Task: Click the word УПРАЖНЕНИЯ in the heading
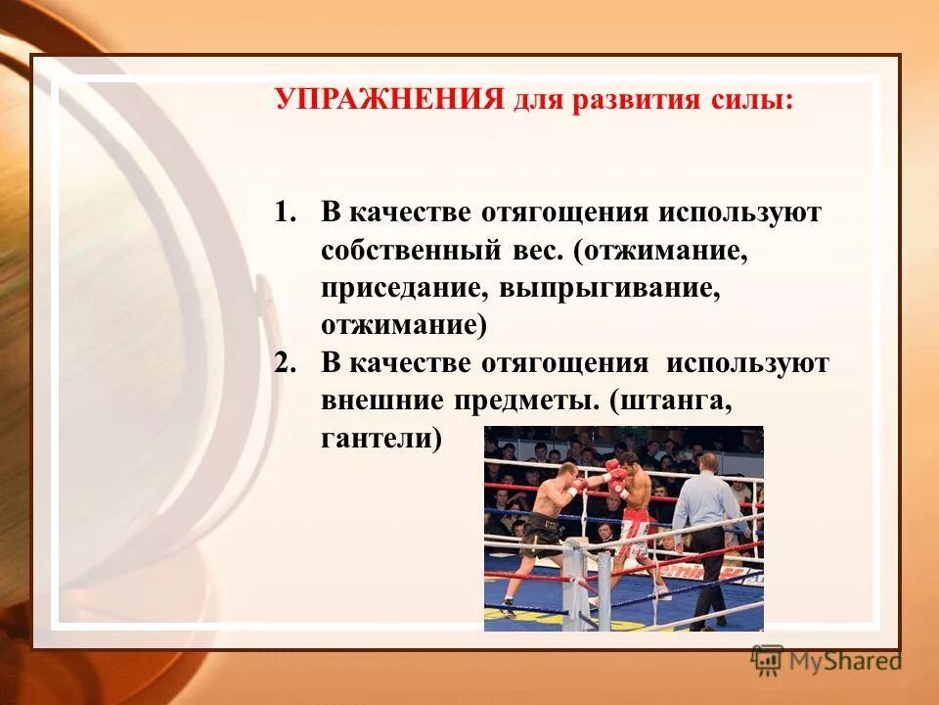point(388,100)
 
